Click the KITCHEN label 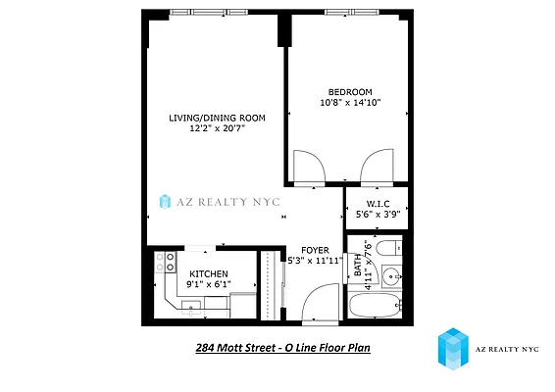click(x=209, y=274)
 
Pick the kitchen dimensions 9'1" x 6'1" click(x=209, y=285)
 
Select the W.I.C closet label click(x=377, y=207)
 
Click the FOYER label click(x=315, y=250)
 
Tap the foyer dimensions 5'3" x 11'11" click(x=315, y=261)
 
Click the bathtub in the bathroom click(x=376, y=306)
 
